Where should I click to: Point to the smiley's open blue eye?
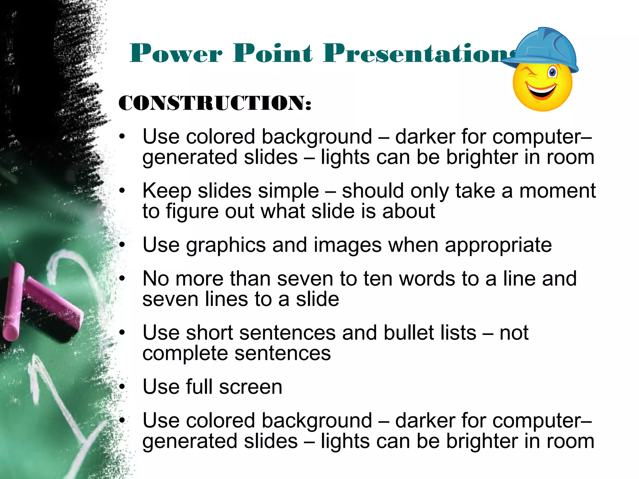pyautogui.click(x=553, y=73)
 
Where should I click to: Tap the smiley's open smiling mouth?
pyautogui.click(x=542, y=91)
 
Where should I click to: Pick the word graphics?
pyautogui.click(x=226, y=245)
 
